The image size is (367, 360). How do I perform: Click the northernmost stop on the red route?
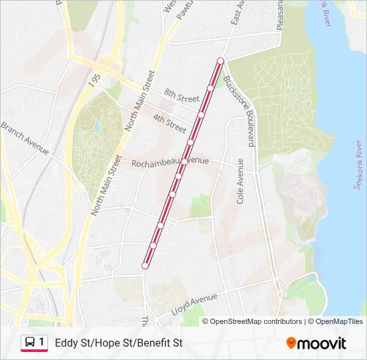pyautogui.click(x=220, y=61)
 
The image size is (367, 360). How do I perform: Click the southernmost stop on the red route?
pyautogui.click(x=145, y=266)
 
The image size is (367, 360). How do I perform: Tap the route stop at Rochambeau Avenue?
pyautogui.click(x=184, y=161)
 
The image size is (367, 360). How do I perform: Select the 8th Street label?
pyautogui.click(x=181, y=97)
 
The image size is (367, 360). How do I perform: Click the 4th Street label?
pyautogui.click(x=169, y=123)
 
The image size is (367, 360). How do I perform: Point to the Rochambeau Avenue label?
pyautogui.click(x=169, y=162)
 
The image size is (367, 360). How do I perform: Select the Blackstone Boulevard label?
pyautogui.click(x=240, y=111)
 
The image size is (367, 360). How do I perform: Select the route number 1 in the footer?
pyautogui.click(x=41, y=343)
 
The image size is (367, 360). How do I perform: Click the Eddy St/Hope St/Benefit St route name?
pyautogui.click(x=118, y=343)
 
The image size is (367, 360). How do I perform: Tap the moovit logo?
pyautogui.click(x=316, y=343)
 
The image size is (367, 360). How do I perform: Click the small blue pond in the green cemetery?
pyautogui.click(x=97, y=126)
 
